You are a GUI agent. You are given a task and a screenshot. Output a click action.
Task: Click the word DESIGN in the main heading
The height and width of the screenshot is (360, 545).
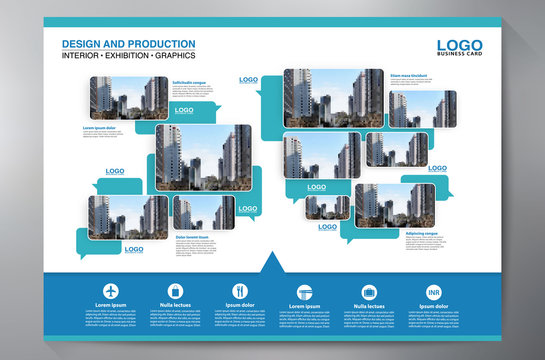[80, 43]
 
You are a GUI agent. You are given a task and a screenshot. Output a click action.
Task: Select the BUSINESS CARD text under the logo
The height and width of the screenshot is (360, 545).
[459, 56]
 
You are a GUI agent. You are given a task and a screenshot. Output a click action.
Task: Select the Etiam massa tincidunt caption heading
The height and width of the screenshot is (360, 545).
[412, 75]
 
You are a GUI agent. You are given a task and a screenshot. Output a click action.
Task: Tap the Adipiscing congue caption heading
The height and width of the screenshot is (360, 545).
[421, 233]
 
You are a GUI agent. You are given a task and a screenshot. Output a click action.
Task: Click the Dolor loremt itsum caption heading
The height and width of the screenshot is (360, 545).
[196, 236]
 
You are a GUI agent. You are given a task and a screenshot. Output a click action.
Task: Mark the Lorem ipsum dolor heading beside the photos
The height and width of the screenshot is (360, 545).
[100, 128]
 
